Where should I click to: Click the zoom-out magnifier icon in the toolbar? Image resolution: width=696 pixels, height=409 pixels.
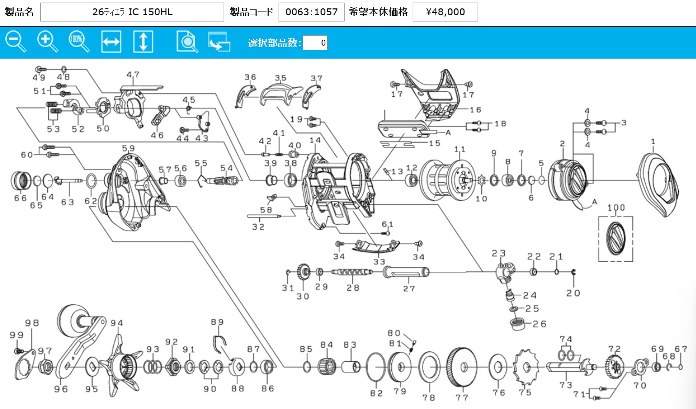tap(16, 41)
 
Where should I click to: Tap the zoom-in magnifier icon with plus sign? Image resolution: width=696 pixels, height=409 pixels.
tap(47, 41)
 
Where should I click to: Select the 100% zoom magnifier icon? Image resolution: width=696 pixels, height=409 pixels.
tap(79, 41)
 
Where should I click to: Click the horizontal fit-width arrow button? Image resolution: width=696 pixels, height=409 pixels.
tap(111, 41)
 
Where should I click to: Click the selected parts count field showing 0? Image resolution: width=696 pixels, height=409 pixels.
tap(315, 42)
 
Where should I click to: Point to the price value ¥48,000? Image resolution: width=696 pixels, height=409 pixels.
tap(445, 12)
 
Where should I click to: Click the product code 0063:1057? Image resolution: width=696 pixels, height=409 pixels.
tap(311, 12)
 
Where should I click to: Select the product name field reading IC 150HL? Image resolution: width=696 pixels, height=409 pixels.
tap(132, 12)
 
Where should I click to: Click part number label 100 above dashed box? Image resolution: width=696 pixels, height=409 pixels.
tap(616, 207)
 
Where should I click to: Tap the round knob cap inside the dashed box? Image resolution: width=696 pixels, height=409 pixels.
tap(615, 239)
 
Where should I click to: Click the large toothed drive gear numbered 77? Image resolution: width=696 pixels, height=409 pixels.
tap(462, 367)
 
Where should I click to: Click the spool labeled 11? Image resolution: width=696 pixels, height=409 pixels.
tap(447, 180)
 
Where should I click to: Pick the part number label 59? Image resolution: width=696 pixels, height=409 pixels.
tap(128, 148)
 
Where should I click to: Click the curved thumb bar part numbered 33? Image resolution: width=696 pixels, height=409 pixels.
tap(376, 247)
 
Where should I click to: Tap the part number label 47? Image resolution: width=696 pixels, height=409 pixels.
tap(133, 74)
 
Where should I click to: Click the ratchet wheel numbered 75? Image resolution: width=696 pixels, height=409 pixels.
tap(526, 367)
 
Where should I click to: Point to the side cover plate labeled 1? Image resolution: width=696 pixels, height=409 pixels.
tap(658, 184)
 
